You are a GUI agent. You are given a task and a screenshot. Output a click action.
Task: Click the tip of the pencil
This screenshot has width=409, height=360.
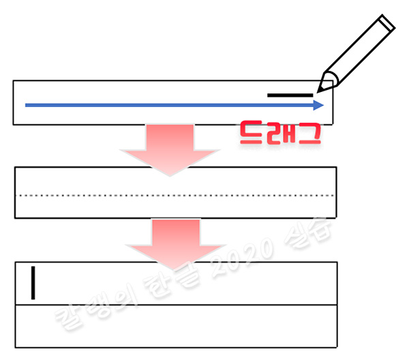point(318,89)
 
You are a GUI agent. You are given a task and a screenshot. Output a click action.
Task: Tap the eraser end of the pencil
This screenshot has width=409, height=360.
point(387,22)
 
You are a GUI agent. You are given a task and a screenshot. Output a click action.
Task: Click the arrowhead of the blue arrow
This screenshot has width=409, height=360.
point(320,105)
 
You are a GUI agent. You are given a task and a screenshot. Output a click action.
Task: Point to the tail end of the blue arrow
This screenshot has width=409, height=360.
point(26,105)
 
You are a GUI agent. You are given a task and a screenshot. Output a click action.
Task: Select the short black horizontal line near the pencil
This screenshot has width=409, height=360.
point(290,95)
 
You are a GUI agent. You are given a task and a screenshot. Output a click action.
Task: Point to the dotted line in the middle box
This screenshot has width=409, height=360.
point(175,196)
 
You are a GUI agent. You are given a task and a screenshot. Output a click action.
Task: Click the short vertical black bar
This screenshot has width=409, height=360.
point(32,283)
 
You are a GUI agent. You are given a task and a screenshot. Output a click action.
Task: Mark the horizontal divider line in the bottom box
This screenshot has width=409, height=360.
point(175,305)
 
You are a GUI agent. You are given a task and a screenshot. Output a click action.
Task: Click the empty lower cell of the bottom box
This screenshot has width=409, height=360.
point(175,327)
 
